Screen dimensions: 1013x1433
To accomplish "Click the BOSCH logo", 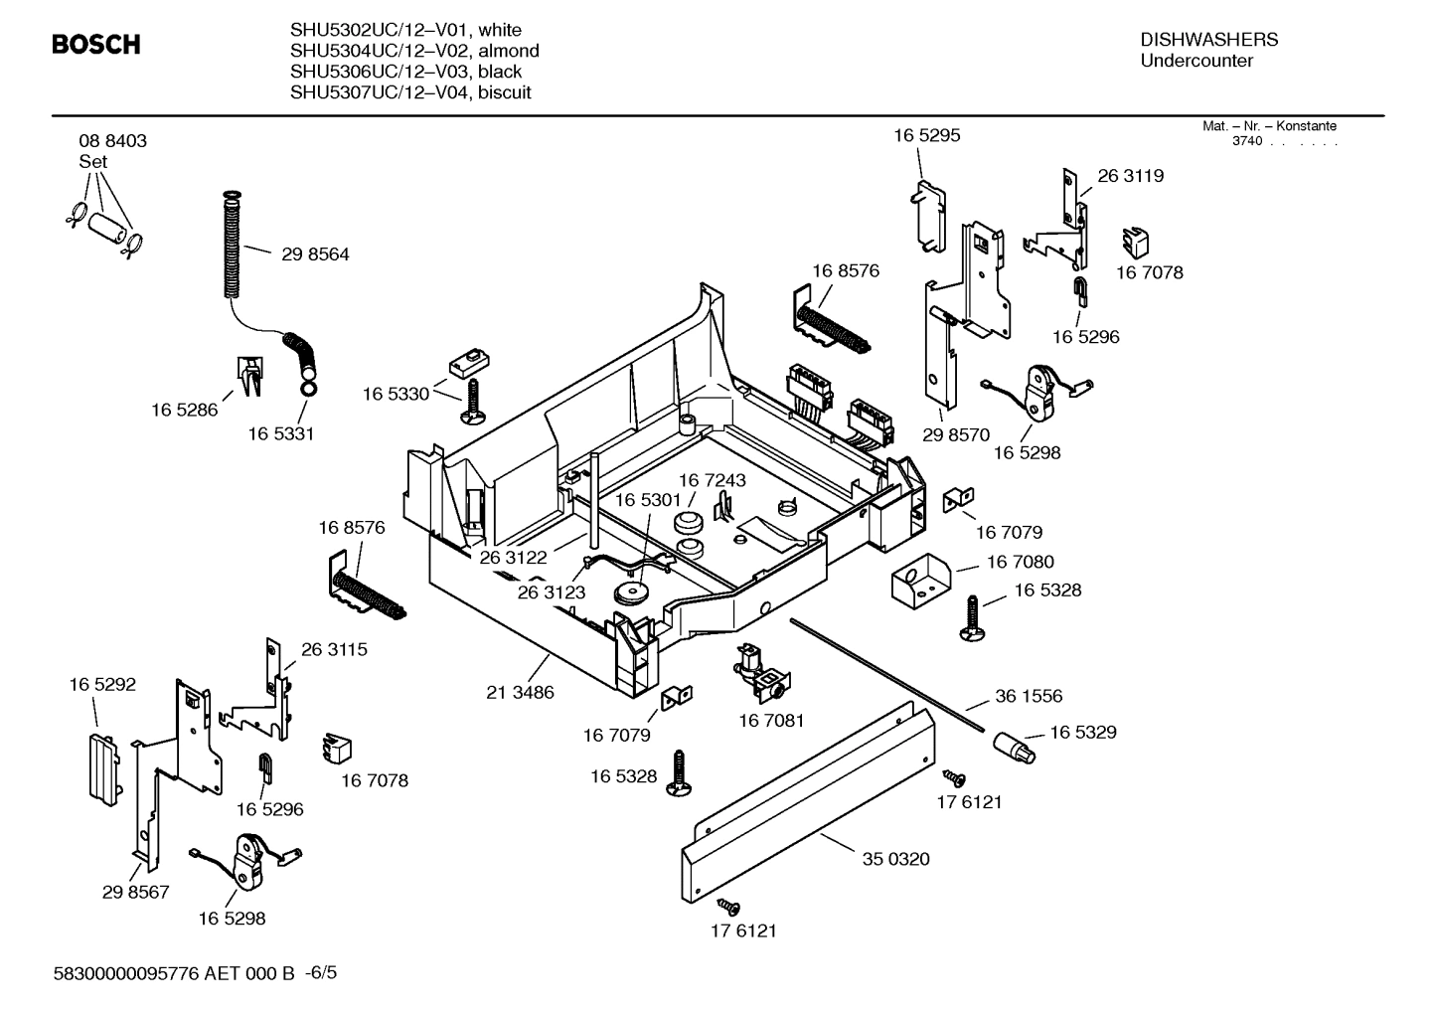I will [95, 45].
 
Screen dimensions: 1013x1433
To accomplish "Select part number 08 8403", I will [112, 141].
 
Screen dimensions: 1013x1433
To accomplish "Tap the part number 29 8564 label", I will [315, 254].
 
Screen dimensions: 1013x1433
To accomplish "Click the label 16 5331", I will [280, 434].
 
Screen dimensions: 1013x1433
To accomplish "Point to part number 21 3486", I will [520, 692].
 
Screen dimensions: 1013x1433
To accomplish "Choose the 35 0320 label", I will [895, 859].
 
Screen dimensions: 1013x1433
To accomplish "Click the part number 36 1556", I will [1029, 697].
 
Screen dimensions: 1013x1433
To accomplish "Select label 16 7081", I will [770, 720].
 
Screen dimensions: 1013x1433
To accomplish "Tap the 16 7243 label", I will [712, 480].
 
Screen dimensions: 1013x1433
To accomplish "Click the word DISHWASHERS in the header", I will [1208, 40].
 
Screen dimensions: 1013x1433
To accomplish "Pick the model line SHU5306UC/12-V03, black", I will [405, 72].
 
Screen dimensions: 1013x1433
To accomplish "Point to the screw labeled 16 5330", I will [471, 400].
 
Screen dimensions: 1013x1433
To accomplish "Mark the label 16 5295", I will [926, 136].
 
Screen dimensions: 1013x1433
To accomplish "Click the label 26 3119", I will [1130, 176].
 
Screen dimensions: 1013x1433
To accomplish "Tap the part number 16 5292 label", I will [102, 685].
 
